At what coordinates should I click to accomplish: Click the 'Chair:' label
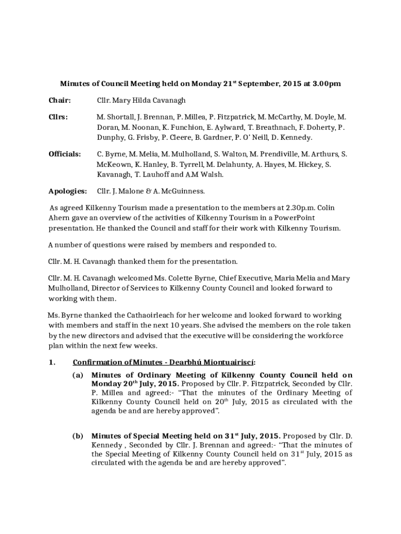pos(59,100)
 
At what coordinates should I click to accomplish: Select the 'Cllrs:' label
pos(58,117)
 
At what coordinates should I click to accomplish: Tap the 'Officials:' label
pos(65,154)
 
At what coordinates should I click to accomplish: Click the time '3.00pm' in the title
pos(326,83)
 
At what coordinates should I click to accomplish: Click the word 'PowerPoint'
pos(295,217)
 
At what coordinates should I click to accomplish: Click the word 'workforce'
pos(325,336)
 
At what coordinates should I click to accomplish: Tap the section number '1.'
pos(52,362)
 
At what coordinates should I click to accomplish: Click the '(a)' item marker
pos(78,375)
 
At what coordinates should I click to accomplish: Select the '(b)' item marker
pos(78,435)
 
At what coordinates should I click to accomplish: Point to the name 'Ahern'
pos(59,217)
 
